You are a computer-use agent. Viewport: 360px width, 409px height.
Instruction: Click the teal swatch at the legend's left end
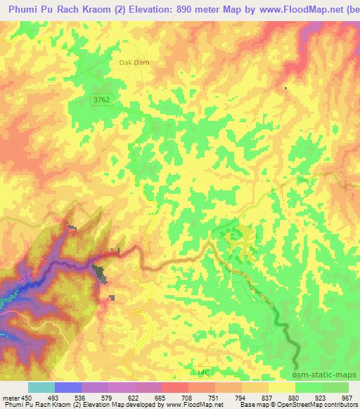[41, 387]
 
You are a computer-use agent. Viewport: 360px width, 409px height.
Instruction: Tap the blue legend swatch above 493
[68, 387]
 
